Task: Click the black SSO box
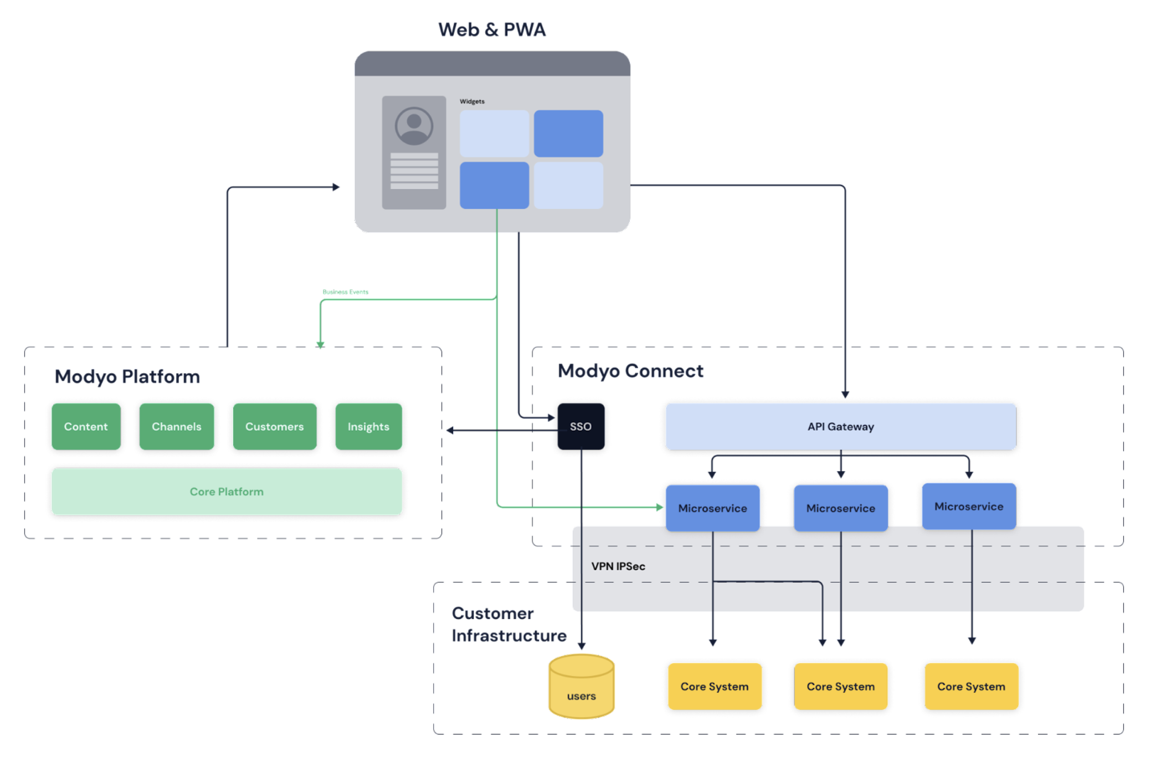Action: tap(581, 426)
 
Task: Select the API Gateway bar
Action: tap(840, 426)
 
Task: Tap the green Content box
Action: tap(86, 426)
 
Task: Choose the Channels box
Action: tap(176, 426)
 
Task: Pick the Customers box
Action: tap(274, 426)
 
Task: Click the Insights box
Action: tap(368, 426)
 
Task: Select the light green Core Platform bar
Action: tap(227, 492)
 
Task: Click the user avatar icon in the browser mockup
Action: tap(414, 126)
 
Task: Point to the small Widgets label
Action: tap(472, 101)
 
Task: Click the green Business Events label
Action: tap(345, 291)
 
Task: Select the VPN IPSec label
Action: tap(618, 566)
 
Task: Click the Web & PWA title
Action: tap(492, 29)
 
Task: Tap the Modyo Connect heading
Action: tap(630, 371)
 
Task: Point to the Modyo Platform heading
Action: tap(127, 376)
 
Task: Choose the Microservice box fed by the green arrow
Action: tap(712, 508)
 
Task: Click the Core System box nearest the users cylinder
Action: tap(715, 687)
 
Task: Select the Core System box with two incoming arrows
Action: tap(840, 687)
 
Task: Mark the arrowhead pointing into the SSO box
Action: tap(551, 417)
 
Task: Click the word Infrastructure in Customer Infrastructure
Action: tap(509, 636)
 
